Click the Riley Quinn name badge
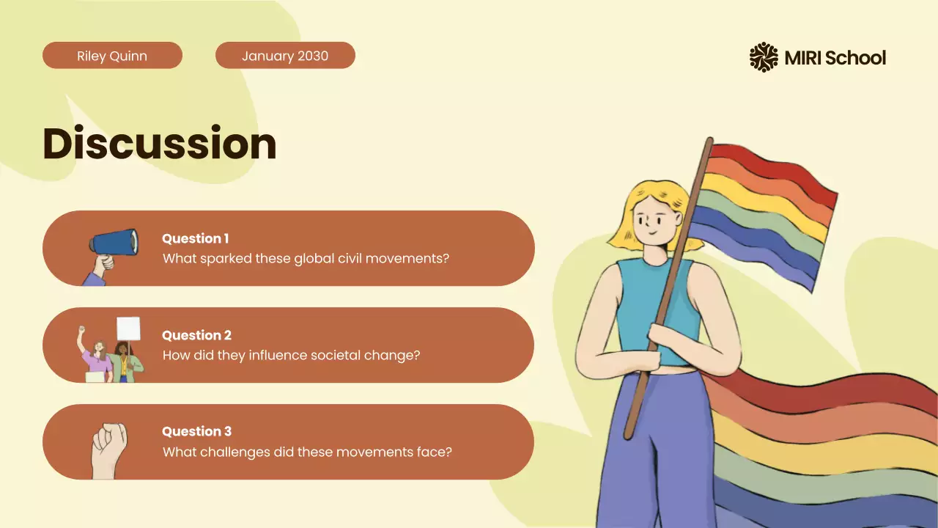(112, 56)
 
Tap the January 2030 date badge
(285, 56)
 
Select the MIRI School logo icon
(764, 57)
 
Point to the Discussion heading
(160, 143)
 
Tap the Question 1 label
(195, 238)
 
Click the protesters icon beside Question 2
(110, 351)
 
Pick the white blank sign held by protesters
(128, 329)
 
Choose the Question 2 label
(196, 335)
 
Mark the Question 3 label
(196, 431)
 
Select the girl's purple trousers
(652, 455)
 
